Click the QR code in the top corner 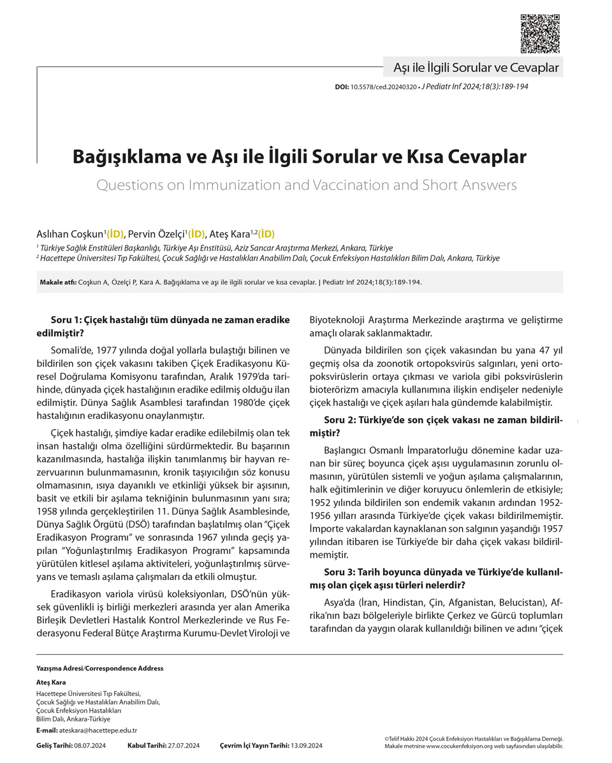pyautogui.click(x=540, y=33)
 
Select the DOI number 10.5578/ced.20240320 pyautogui.click(x=382, y=87)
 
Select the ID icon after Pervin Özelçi pyautogui.click(x=196, y=234)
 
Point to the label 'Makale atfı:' pyautogui.click(x=58, y=282)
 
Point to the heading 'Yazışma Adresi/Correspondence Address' pyautogui.click(x=99, y=669)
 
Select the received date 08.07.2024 pyautogui.click(x=90, y=746)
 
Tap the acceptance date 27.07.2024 pyautogui.click(x=184, y=746)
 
